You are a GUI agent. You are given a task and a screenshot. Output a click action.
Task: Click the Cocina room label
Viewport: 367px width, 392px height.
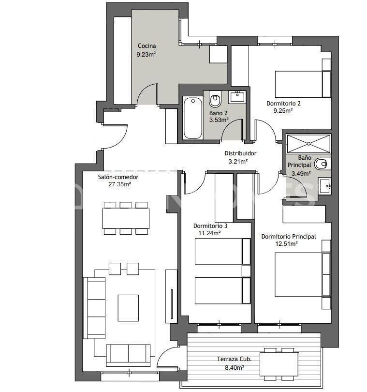tap(146, 46)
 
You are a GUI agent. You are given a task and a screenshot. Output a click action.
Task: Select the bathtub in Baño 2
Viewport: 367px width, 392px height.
tap(192, 118)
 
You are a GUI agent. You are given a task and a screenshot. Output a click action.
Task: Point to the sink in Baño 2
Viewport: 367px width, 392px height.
tap(237, 96)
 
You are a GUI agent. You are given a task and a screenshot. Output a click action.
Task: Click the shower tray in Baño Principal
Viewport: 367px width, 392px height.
tap(308, 143)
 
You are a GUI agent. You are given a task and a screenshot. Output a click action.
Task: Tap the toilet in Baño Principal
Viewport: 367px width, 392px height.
tap(322, 164)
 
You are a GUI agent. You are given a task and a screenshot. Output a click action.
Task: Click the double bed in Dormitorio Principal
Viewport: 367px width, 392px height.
tap(298, 274)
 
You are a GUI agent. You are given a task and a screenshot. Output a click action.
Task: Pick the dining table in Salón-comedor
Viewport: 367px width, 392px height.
tap(126, 218)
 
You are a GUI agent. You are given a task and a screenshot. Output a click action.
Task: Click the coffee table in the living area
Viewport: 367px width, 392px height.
tap(128, 308)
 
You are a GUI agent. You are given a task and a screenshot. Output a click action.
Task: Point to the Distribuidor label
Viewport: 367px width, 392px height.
tap(240, 153)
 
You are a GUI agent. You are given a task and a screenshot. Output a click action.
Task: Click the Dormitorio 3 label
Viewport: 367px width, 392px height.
tap(210, 226)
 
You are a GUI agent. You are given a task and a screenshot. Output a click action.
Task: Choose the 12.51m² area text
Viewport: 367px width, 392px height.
tap(286, 243)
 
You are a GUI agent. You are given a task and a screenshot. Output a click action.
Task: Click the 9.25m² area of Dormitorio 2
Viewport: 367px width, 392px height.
tap(283, 110)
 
